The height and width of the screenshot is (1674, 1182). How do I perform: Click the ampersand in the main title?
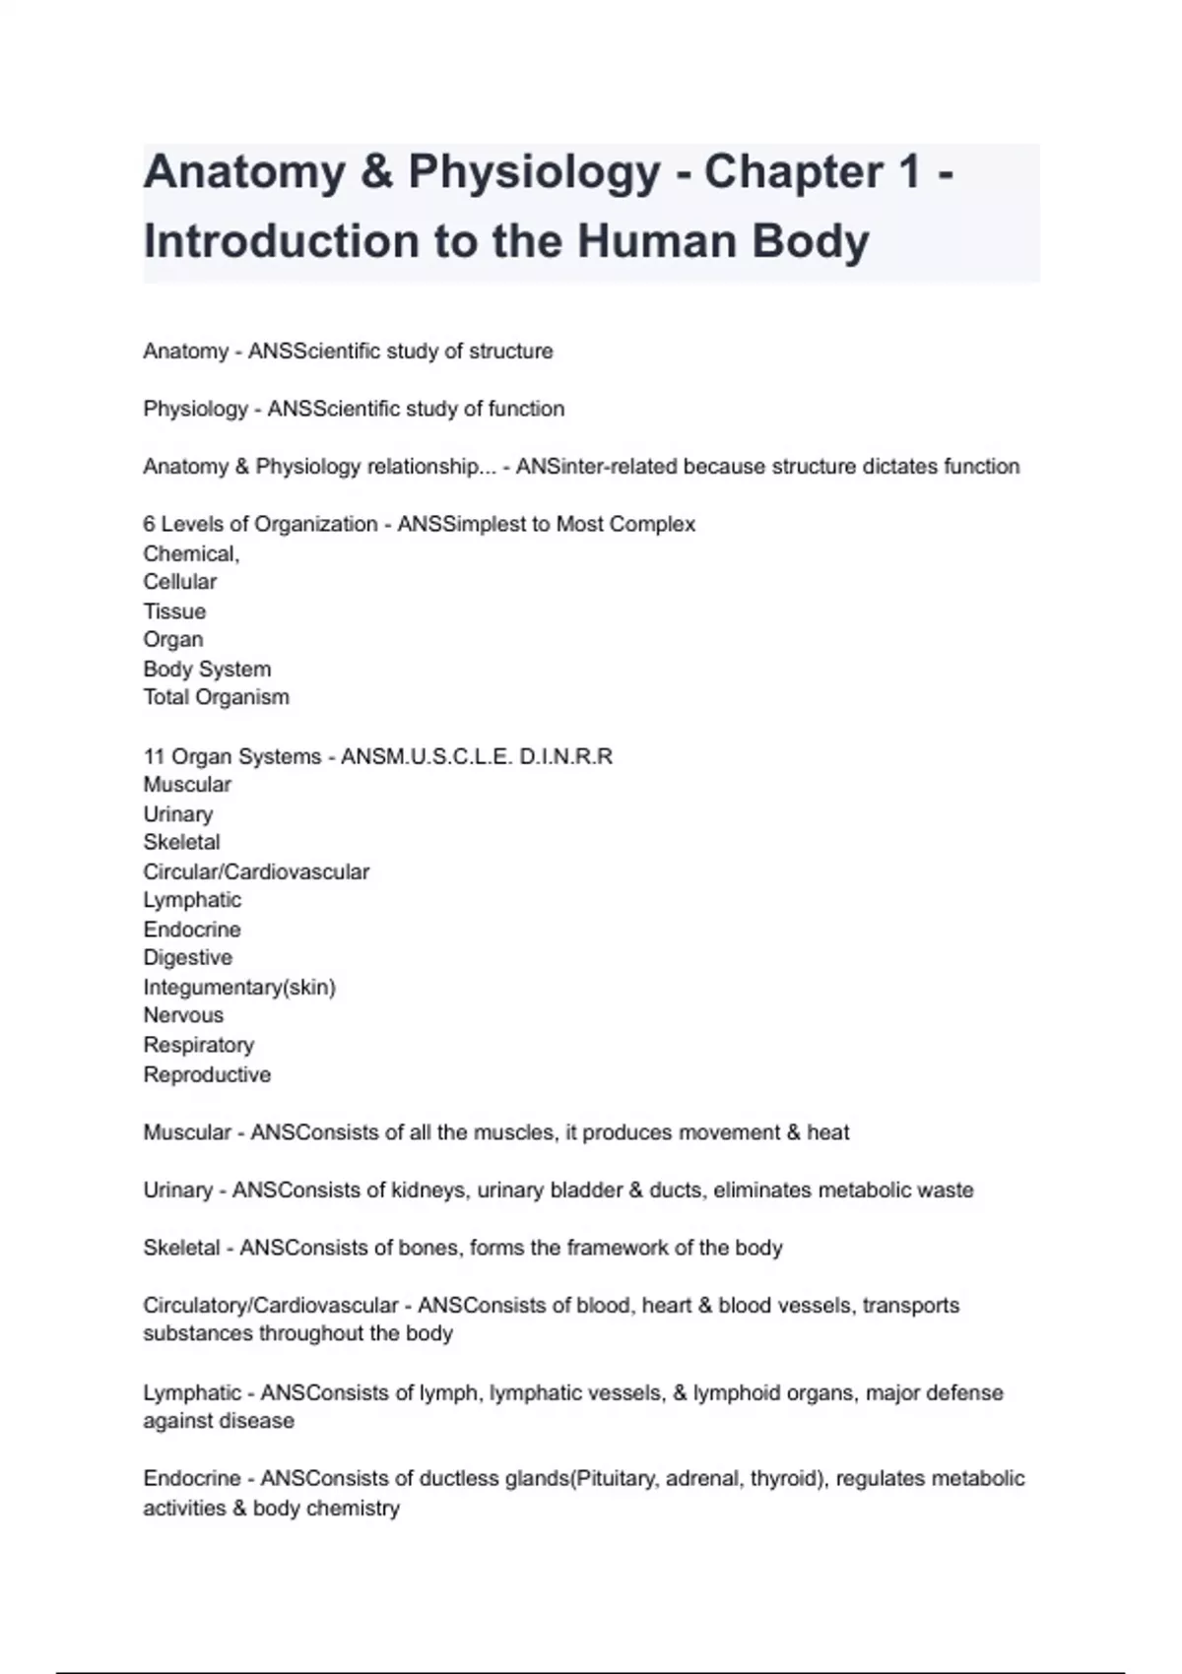point(376,172)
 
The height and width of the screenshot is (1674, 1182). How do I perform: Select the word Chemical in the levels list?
point(190,553)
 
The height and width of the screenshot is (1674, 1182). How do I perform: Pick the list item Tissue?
point(174,612)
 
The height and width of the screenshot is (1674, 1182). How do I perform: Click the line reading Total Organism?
point(216,697)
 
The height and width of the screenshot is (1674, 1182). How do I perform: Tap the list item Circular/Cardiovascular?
point(256,871)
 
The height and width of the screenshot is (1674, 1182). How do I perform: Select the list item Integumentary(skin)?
point(239,987)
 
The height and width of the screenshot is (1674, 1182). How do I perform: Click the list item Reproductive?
point(207,1074)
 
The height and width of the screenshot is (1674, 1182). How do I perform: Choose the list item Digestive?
point(188,957)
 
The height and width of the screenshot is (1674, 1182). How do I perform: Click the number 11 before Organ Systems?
point(154,756)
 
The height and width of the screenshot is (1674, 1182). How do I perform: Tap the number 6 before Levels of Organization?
point(149,524)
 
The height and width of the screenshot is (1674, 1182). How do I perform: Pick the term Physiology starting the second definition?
point(195,409)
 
